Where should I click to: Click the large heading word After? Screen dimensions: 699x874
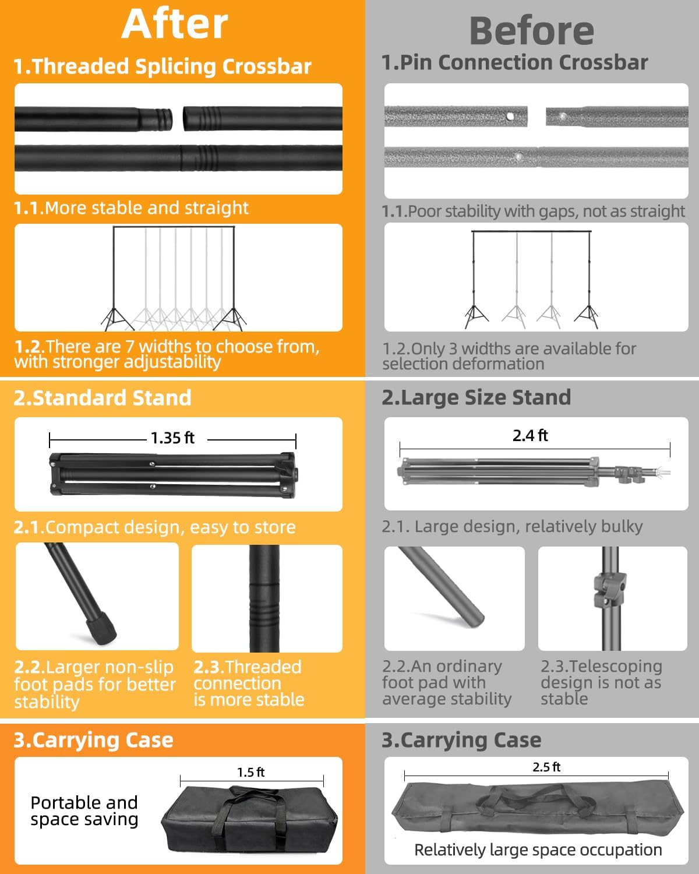click(x=175, y=24)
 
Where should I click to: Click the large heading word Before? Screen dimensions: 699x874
click(x=532, y=31)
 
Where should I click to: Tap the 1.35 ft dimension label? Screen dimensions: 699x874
click(x=172, y=438)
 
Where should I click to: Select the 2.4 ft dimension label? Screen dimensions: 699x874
click(x=530, y=435)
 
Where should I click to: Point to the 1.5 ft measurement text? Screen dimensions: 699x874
click(x=250, y=772)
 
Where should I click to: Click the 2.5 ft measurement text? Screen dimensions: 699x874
click(x=546, y=767)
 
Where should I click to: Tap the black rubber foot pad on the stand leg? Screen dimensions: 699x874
click(x=100, y=629)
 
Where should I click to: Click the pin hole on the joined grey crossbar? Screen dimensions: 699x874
click(x=518, y=156)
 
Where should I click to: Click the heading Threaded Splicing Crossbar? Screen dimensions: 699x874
click(x=163, y=66)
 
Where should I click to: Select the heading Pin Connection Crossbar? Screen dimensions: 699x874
click(x=514, y=62)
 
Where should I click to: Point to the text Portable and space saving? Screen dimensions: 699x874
click(x=84, y=811)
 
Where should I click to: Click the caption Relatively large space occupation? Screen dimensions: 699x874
click(x=538, y=850)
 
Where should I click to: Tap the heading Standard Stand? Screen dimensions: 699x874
click(x=103, y=398)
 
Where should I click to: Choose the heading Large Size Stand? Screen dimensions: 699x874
click(x=476, y=397)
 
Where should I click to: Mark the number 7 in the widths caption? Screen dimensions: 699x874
click(x=129, y=347)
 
